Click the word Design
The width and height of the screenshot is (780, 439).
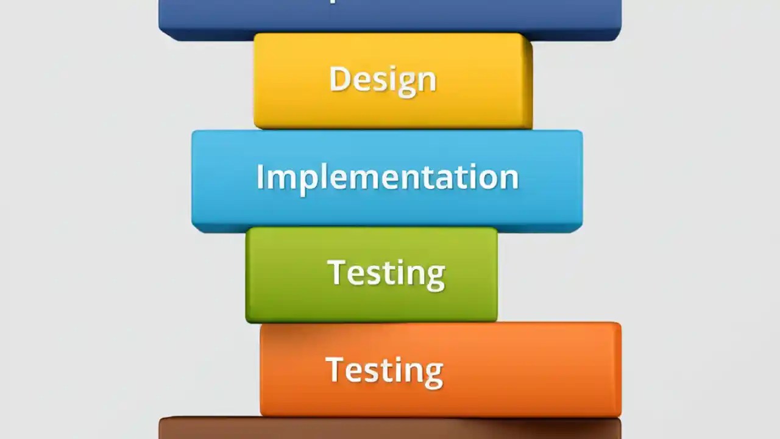coord(383,79)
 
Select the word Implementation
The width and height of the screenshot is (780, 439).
coord(388,177)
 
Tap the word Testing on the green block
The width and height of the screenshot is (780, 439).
coord(386,273)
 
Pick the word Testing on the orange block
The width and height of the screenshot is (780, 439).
coord(384,369)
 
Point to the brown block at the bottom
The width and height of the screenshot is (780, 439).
coord(390,429)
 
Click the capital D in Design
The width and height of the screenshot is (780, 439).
coord(340,79)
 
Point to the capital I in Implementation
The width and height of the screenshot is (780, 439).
coord(260,177)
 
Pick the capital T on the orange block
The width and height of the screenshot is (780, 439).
coord(335,369)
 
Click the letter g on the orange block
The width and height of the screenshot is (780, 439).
coord(433,374)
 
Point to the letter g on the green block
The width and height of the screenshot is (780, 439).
coord(435,277)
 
